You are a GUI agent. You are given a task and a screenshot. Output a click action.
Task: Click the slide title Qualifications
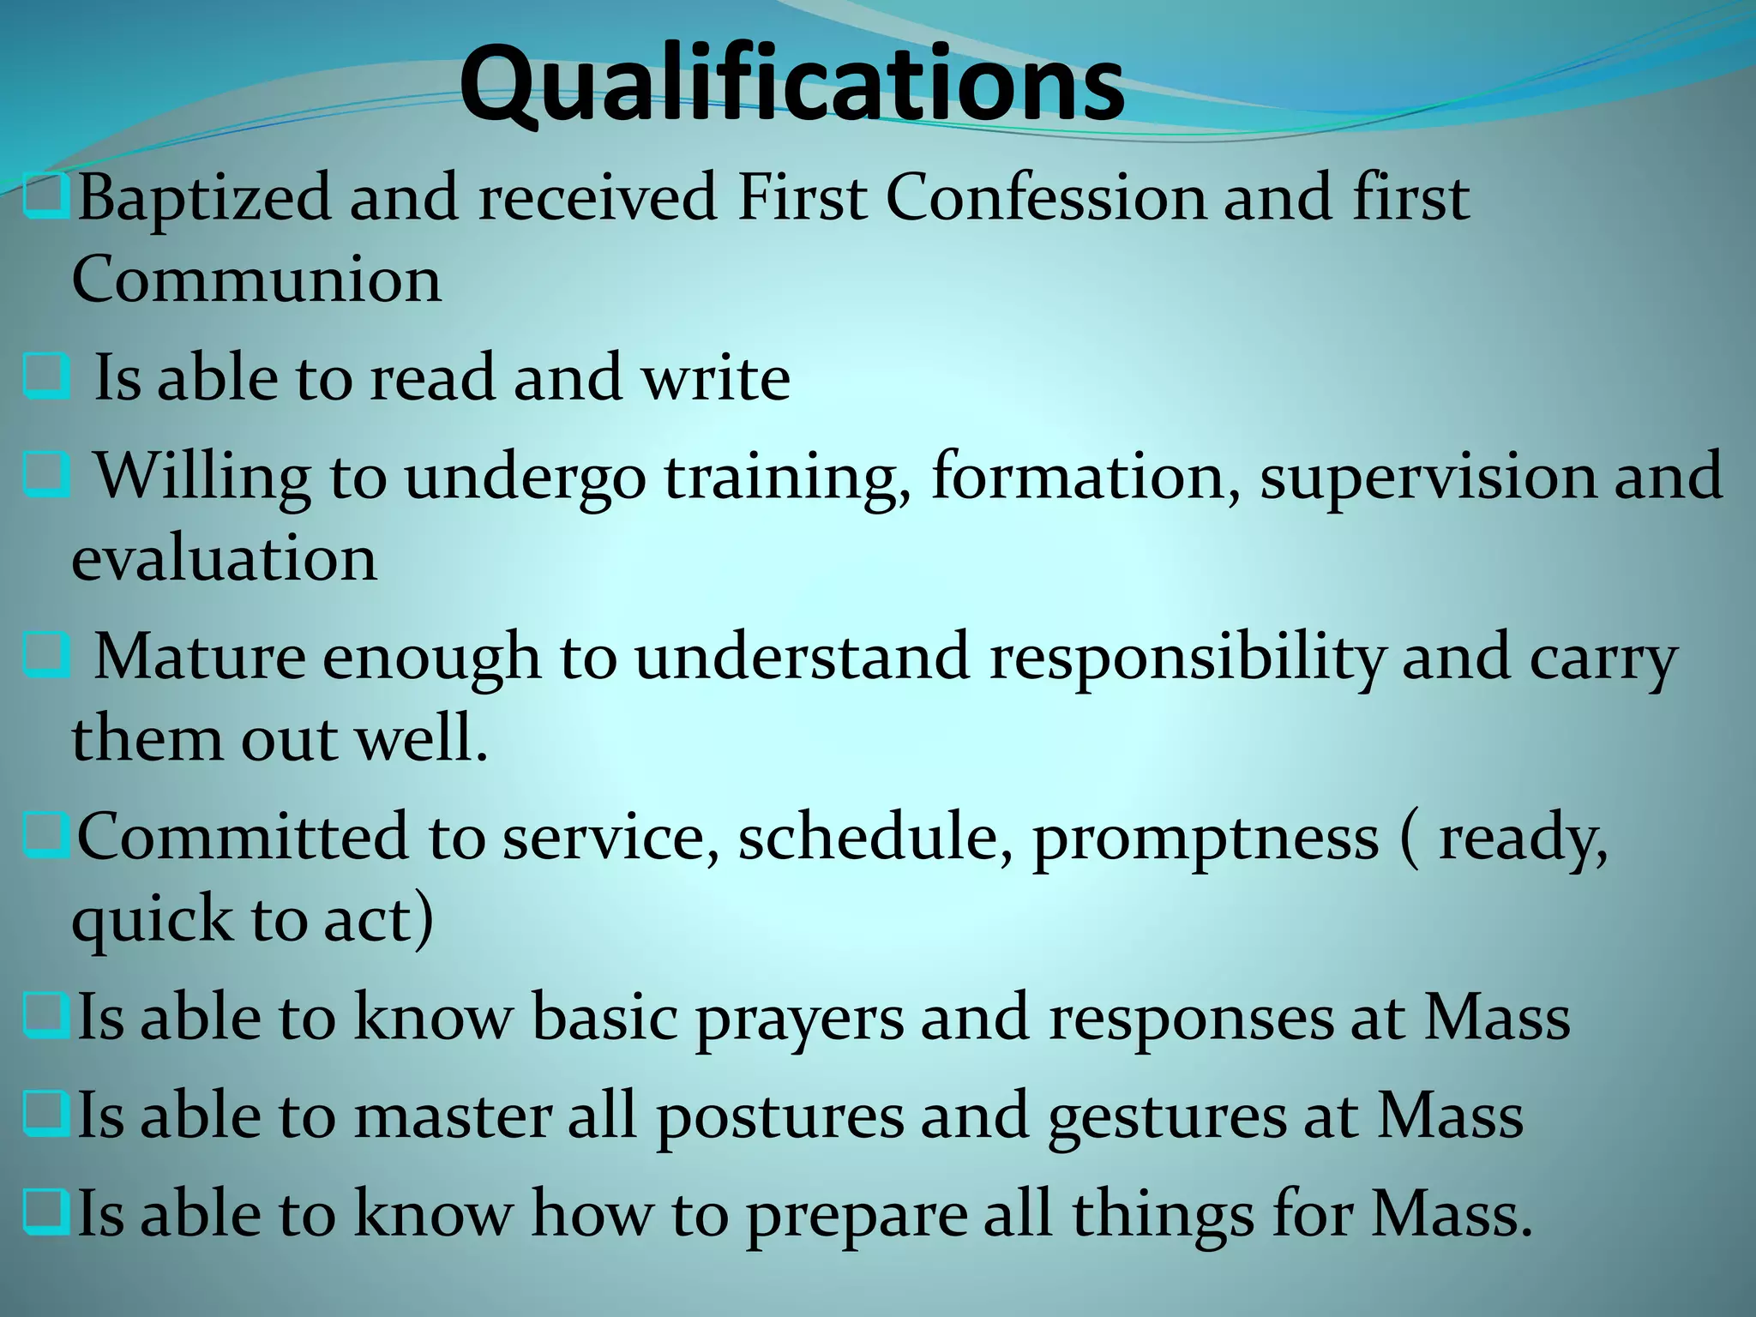tap(791, 86)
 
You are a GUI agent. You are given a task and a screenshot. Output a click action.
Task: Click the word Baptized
tap(203, 199)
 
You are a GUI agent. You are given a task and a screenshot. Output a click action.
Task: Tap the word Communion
tap(256, 280)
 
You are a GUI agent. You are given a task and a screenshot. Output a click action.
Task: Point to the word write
tap(716, 378)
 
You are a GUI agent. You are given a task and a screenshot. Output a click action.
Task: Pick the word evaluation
tap(224, 559)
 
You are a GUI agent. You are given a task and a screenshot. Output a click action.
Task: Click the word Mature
tap(200, 658)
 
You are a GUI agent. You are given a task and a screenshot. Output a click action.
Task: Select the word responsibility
tap(1186, 658)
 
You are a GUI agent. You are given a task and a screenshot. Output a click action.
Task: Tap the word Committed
tap(243, 838)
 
